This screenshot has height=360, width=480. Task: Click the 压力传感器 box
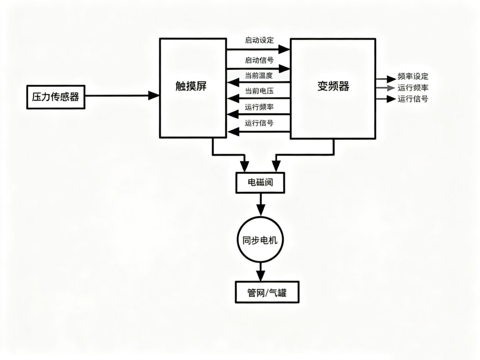[56, 97]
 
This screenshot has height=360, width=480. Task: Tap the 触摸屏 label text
[191, 86]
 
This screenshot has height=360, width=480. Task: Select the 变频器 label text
[333, 86]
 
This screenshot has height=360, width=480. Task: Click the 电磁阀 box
[260, 183]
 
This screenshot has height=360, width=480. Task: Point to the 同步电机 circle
[260, 240]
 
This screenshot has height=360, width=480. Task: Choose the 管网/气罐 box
[267, 292]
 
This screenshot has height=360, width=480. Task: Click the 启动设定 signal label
[259, 40]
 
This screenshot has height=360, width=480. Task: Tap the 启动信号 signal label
[259, 60]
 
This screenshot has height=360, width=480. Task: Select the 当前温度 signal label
[258, 75]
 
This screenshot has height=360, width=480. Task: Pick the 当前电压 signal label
[259, 91]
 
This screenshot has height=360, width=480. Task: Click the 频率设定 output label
[413, 76]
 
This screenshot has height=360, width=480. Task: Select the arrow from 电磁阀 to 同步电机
[261, 205]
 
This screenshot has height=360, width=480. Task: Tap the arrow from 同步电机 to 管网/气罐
[261, 272]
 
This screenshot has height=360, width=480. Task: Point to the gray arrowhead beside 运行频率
[391, 88]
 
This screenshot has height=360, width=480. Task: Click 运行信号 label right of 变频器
[413, 99]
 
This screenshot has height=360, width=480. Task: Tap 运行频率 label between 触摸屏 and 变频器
[259, 107]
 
